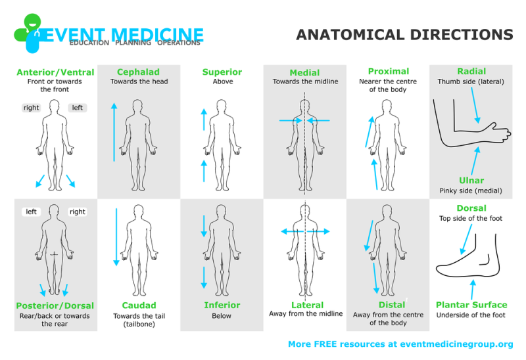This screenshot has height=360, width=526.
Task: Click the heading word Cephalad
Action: pos(138,72)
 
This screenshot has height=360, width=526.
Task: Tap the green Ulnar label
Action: pos(471,181)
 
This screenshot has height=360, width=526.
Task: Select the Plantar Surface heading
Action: pos(471,305)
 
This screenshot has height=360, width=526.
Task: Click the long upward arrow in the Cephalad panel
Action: pos(114,132)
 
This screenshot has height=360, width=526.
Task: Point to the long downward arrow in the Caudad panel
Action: pos(116,237)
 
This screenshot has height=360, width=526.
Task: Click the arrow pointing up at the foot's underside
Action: pos(472,290)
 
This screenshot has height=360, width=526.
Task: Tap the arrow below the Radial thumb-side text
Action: pos(475,105)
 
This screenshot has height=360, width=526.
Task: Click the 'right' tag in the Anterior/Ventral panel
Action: pos(31,108)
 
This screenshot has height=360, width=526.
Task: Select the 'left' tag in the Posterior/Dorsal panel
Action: pos(31,212)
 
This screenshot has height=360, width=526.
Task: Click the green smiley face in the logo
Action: pos(32,22)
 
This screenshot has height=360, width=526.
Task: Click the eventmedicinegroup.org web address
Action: pos(456,344)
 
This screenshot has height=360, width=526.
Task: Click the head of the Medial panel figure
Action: pos(304,106)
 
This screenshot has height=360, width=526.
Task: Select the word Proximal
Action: pos(389,72)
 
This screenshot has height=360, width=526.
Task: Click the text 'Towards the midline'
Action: pos(305,81)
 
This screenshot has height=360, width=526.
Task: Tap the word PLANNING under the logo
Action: pos(133,43)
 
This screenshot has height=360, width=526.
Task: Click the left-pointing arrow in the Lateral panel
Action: pos(292,231)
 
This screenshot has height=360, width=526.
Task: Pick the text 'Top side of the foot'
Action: pos(471,218)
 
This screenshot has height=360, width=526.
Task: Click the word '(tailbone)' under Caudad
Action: pos(139,324)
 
